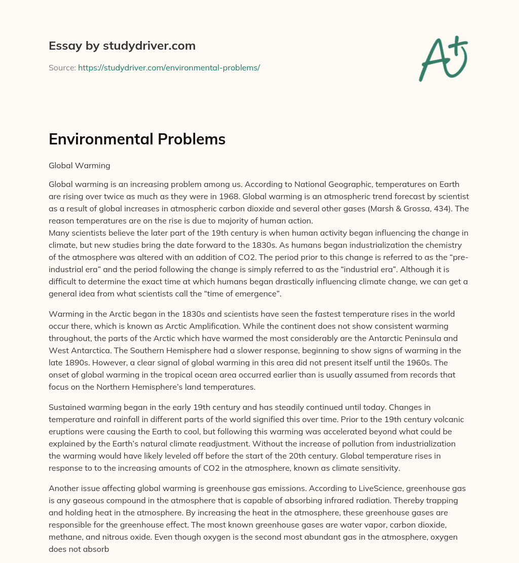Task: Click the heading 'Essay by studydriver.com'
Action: point(122,46)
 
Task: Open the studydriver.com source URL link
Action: point(169,67)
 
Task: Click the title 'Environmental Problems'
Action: point(137,139)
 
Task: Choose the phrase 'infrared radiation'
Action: point(379,500)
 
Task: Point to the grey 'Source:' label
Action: point(62,67)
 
